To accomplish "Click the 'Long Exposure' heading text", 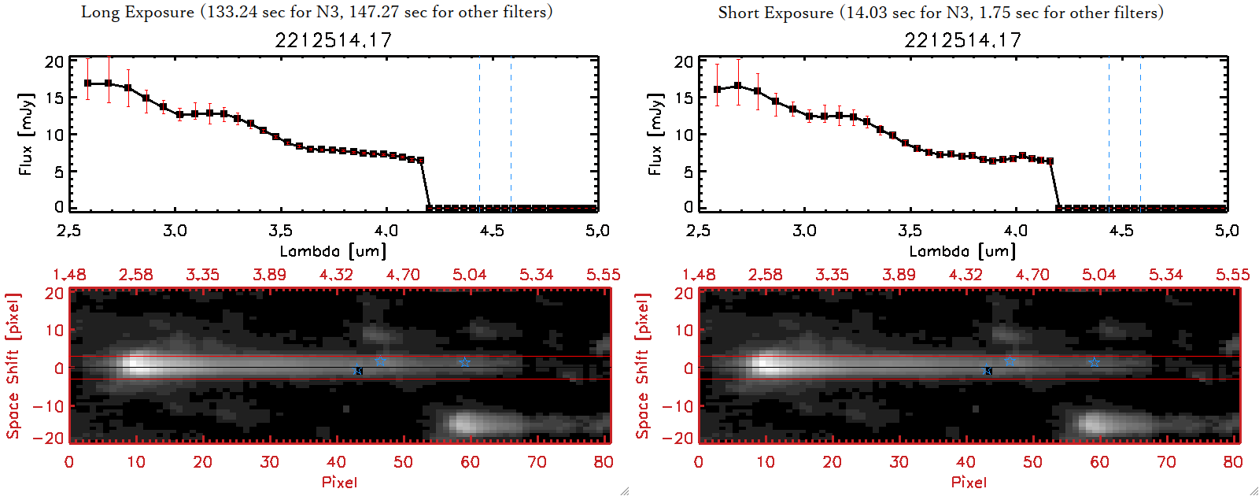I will (x=138, y=12).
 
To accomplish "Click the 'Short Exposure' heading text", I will (x=775, y=13).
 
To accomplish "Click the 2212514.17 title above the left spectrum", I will (x=333, y=40).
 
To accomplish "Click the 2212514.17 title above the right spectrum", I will (x=962, y=40).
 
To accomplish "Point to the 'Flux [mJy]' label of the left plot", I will (x=26, y=134).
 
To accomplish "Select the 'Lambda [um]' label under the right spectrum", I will (x=962, y=251).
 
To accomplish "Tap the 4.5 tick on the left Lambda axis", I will (x=492, y=231).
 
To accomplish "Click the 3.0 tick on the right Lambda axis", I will (x=804, y=231).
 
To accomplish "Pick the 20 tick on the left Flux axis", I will (x=54, y=61).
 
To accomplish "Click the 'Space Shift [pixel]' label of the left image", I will (x=13, y=366).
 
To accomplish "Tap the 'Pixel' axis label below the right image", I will (x=969, y=482).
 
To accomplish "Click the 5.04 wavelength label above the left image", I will (x=470, y=275).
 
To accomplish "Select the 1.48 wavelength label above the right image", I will (x=699, y=275).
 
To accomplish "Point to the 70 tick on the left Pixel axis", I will (x=537, y=462).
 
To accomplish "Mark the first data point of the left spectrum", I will (x=88, y=83).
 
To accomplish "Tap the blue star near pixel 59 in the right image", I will (x=1094, y=362).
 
